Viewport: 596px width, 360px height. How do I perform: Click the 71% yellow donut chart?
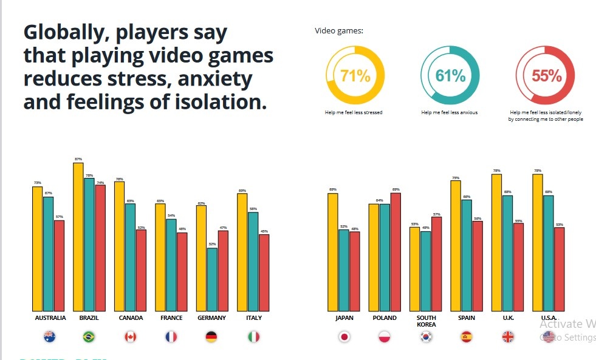[x=355, y=75]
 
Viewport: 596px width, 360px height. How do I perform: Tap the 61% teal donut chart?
[x=450, y=75]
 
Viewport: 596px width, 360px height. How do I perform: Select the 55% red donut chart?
[x=546, y=75]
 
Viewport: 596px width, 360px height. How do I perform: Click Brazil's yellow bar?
[x=78, y=237]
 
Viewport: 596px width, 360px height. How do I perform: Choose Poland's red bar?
[x=395, y=251]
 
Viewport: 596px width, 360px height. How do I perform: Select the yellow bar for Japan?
[x=332, y=251]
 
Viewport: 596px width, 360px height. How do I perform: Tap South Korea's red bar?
[x=436, y=263]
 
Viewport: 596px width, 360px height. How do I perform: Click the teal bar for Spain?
[x=466, y=255]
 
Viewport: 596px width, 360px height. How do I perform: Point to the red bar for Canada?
[x=141, y=270]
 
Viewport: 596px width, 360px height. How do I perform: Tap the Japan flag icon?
[x=344, y=336]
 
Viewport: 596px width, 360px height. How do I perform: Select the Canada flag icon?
[x=131, y=336]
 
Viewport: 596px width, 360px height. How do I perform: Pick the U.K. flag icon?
[x=508, y=336]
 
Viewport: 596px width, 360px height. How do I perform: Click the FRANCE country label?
[x=171, y=318]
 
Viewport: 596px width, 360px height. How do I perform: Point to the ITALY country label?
[x=253, y=318]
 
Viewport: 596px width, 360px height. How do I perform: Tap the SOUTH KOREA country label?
[x=425, y=321]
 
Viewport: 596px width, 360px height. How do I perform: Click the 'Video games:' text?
[x=339, y=31]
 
